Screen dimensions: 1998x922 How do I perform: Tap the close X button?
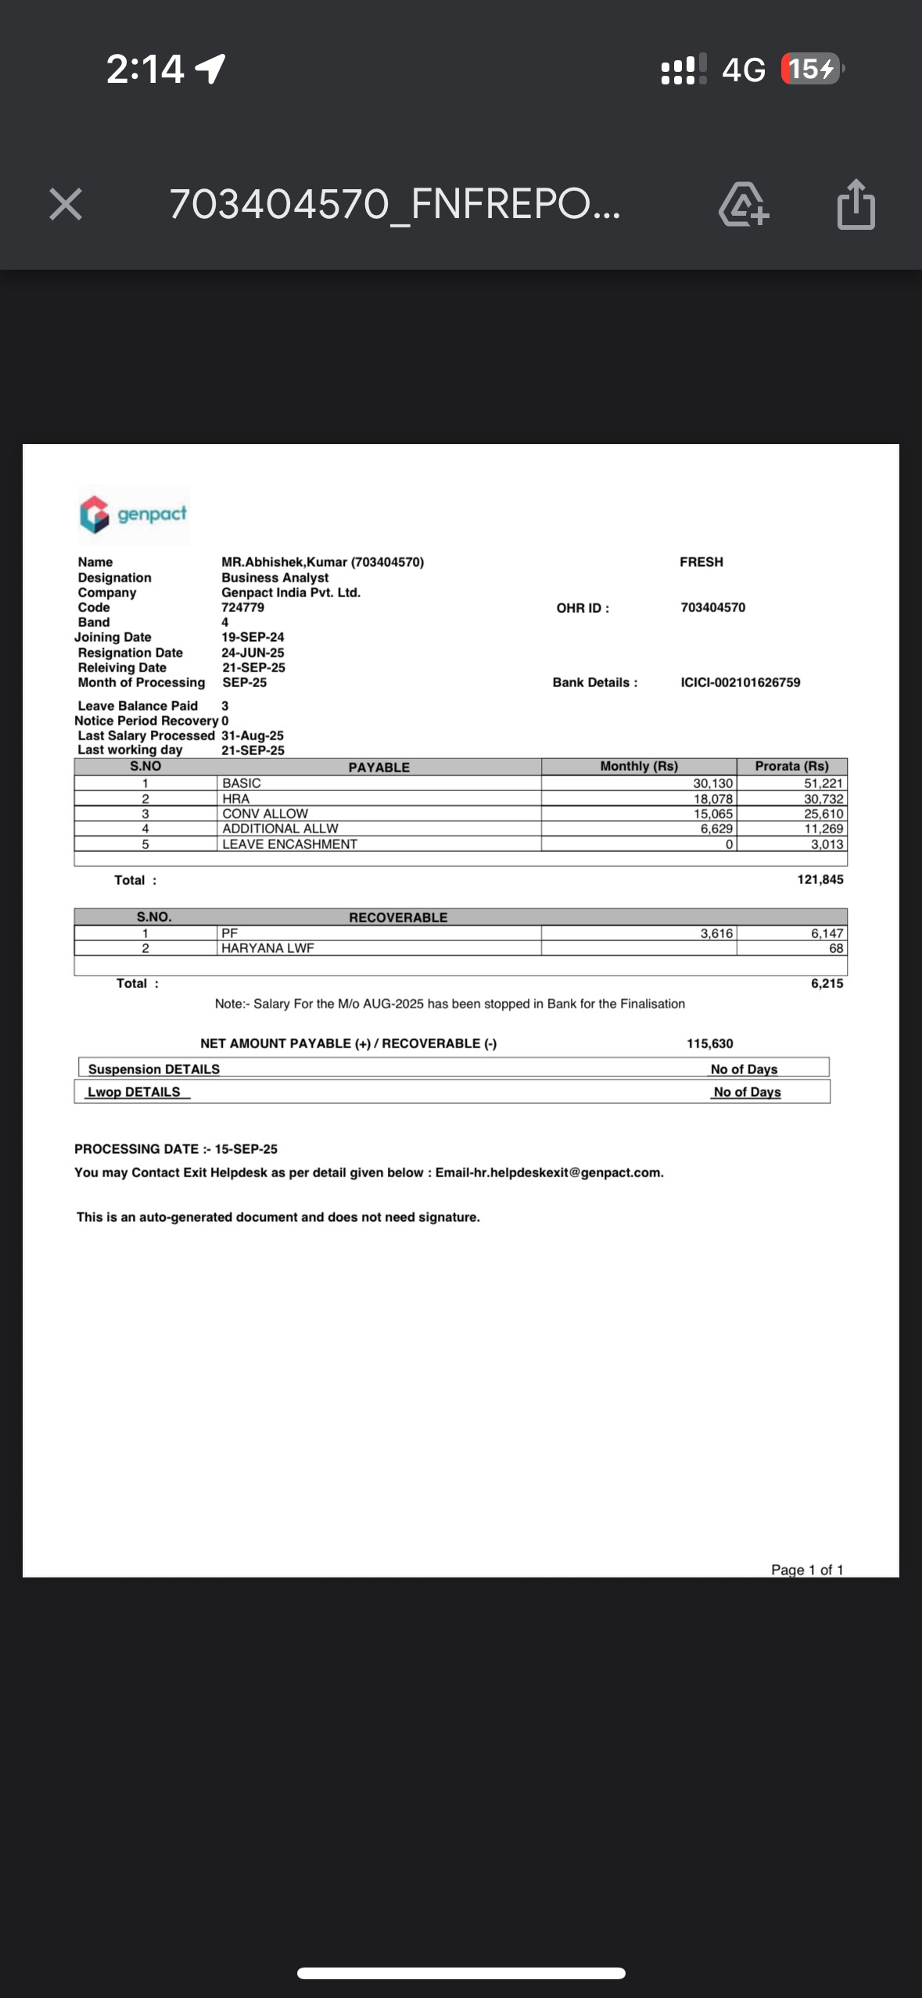(65, 205)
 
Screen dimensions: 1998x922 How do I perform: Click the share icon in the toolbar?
(856, 205)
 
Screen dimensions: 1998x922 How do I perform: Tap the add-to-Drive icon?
(743, 205)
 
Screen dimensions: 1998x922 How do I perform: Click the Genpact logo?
(134, 514)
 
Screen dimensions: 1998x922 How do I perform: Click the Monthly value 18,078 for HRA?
(712, 799)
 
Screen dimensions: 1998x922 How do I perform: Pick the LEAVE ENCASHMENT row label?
(289, 844)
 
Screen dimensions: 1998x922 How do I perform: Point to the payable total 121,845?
(820, 879)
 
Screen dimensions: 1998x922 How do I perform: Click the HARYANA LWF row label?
(267, 948)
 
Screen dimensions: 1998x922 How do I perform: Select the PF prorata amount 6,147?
(827, 933)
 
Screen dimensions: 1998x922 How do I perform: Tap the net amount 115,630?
(709, 1044)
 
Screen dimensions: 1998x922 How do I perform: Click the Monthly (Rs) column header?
(639, 767)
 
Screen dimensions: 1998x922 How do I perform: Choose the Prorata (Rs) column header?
(791, 767)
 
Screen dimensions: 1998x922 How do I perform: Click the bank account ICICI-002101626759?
(740, 682)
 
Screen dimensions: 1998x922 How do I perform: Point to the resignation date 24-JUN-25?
(253, 653)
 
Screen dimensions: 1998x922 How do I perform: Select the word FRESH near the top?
(701, 562)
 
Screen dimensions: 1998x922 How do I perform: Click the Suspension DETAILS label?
(153, 1069)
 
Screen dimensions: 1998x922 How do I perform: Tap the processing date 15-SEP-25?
(246, 1149)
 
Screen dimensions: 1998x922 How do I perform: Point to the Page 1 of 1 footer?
(806, 1570)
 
